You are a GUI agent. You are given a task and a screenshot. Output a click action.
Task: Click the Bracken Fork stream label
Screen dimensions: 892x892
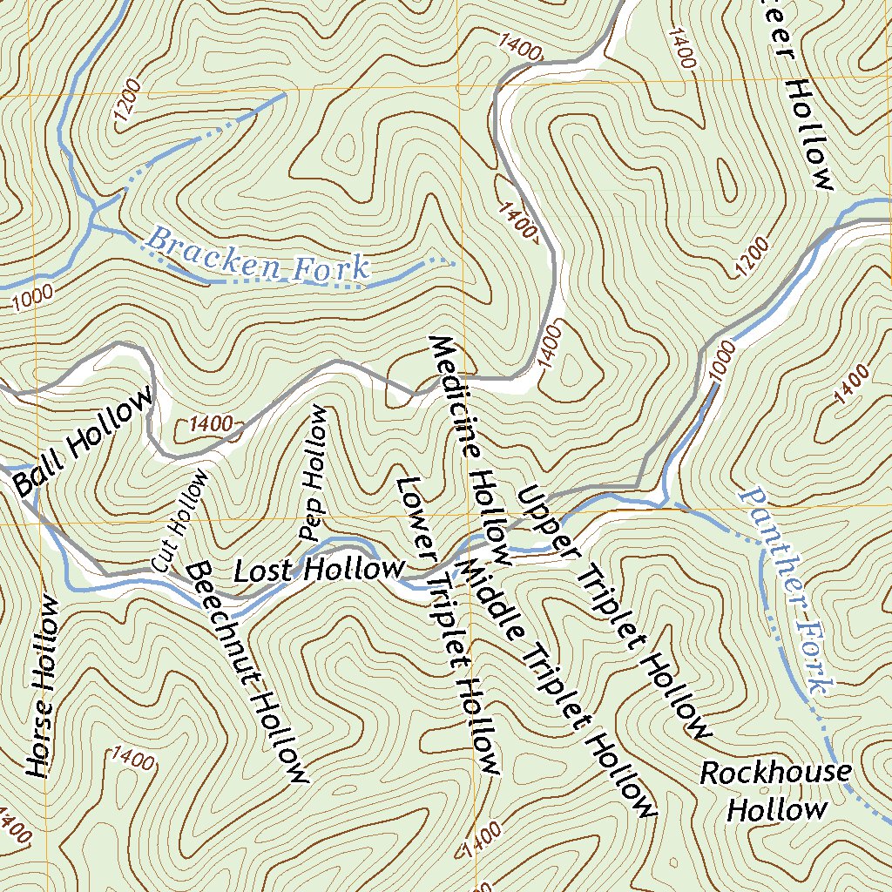[258, 254]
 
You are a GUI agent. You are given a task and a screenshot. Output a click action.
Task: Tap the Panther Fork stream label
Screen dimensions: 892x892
[781, 590]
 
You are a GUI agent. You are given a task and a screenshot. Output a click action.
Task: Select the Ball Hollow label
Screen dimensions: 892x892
[84, 442]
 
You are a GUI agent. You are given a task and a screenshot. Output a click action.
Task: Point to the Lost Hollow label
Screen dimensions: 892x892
[319, 571]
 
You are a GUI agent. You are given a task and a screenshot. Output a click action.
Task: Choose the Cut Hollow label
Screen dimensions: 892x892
[180, 520]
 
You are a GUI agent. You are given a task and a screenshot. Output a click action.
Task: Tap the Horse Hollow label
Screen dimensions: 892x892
[42, 686]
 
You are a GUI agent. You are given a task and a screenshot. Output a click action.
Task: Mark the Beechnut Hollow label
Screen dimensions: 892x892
[247, 671]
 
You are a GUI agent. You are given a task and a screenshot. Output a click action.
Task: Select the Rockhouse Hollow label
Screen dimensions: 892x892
[776, 791]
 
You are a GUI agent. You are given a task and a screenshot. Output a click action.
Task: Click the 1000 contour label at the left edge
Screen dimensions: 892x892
[33, 301]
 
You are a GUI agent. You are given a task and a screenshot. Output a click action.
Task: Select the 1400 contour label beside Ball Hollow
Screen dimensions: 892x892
[210, 425]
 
